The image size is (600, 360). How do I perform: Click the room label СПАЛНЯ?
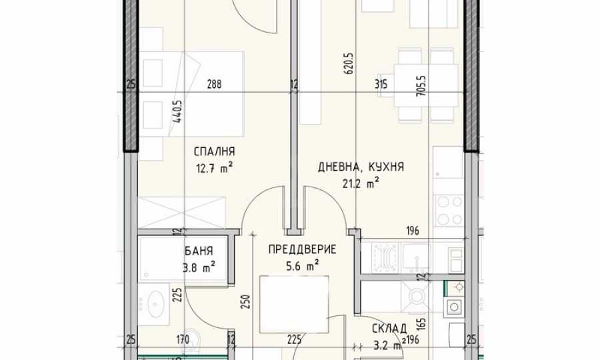tap(214, 152)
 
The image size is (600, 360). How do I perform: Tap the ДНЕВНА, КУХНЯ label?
tap(361, 167)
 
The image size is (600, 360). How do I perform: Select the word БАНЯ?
tap(199, 251)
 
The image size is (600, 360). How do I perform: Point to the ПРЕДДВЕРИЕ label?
tap(302, 250)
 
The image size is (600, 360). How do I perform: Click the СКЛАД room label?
tap(389, 329)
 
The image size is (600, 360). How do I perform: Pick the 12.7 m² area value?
tap(215, 168)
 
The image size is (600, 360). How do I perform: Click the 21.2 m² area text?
tap(361, 184)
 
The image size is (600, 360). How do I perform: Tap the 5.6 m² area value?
tap(303, 266)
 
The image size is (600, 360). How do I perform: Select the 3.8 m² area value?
tap(199, 267)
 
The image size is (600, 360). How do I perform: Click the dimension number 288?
tap(214, 84)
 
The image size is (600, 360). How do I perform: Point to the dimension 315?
tap(381, 84)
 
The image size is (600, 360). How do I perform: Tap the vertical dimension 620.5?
tap(349, 63)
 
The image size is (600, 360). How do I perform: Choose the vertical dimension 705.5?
tap(423, 85)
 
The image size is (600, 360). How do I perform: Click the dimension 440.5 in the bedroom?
tap(177, 111)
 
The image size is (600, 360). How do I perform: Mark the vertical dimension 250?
tap(246, 302)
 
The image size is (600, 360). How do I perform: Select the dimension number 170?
tap(183, 339)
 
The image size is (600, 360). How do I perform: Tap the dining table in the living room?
tap(426, 85)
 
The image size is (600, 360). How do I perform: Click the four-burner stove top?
tap(449, 211)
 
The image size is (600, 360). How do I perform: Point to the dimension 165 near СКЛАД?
tap(422, 323)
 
